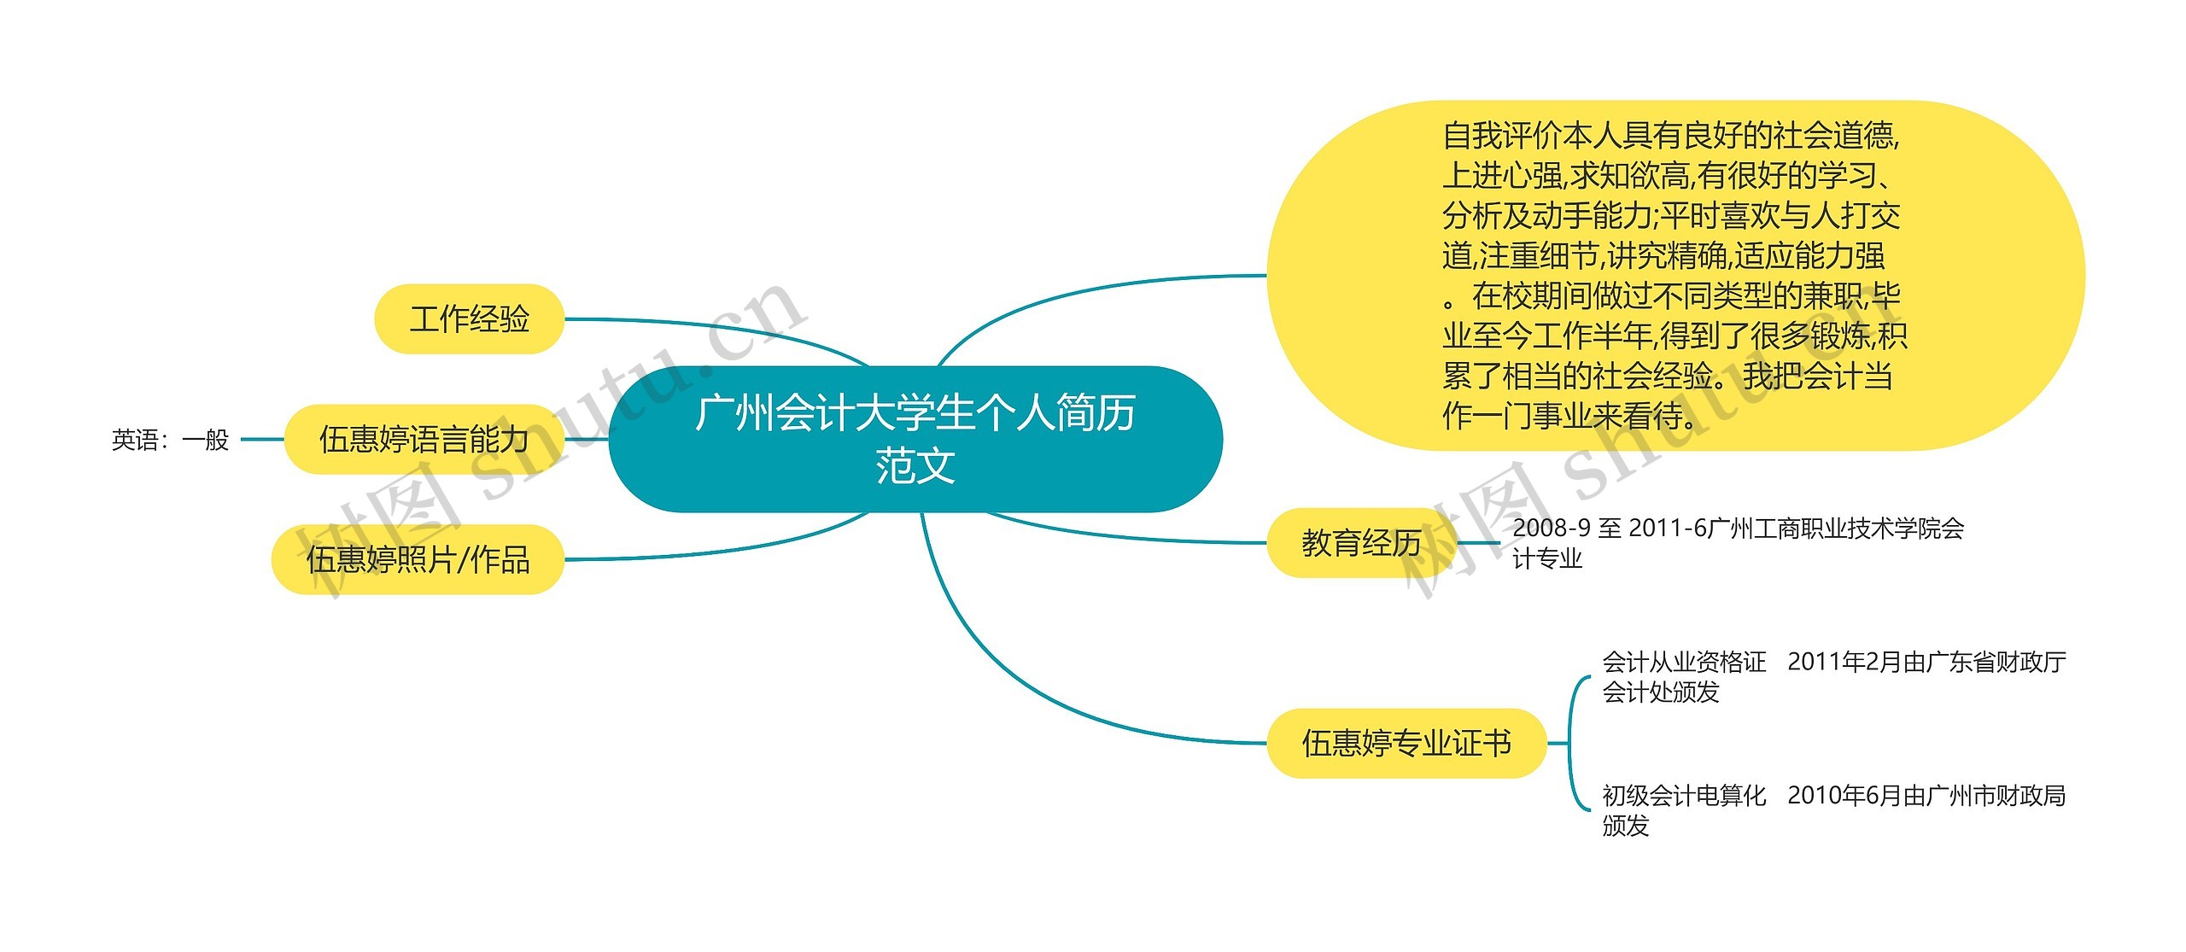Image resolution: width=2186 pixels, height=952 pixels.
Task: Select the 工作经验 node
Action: tap(470, 319)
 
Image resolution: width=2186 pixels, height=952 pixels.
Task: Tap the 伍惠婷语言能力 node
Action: tap(424, 440)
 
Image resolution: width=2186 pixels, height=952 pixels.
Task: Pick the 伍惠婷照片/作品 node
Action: tap(418, 560)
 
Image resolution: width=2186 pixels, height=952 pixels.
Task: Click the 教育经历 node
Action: tap(1361, 543)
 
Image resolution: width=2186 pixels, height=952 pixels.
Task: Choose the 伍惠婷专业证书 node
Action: tap(1406, 743)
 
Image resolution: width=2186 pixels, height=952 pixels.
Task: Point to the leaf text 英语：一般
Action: tap(171, 440)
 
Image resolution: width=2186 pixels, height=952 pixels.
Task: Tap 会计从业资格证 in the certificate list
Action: tap(1684, 662)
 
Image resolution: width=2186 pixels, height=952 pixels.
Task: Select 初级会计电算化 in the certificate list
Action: tap(1684, 796)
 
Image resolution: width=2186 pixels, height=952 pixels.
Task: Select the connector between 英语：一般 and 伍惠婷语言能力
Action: tap(261, 440)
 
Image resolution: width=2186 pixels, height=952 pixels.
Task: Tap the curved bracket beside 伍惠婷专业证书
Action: tap(1573, 743)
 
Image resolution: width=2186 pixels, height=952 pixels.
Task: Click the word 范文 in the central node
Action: tap(915, 467)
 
